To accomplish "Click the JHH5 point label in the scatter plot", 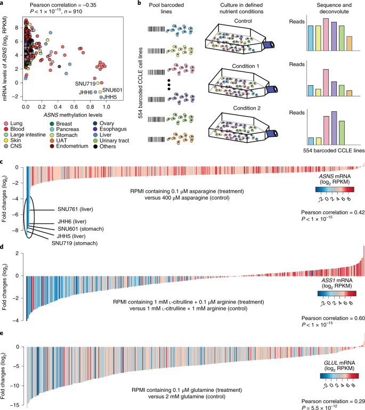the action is click(x=110, y=97).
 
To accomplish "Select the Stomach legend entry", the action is click(x=64, y=135).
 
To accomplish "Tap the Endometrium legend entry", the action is click(x=69, y=146).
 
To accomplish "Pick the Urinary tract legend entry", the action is click(x=111, y=141).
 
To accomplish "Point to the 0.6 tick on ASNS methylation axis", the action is click(x=74, y=106).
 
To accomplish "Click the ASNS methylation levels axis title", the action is click(x=73, y=115).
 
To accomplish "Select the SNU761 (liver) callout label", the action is click(x=75, y=209).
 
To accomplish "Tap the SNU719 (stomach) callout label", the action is click(x=75, y=243).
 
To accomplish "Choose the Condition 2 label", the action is click(x=247, y=108).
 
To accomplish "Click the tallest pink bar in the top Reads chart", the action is click(x=326, y=34).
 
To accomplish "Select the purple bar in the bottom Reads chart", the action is click(x=334, y=128).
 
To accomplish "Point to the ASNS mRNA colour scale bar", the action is click(x=335, y=190).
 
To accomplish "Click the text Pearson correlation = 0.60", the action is click(x=333, y=318).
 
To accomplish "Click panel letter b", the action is click(x=139, y=3).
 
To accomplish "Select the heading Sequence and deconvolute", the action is click(x=334, y=9).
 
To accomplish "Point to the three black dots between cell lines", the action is click(x=169, y=85).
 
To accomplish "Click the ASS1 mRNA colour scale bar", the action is click(x=337, y=293).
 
